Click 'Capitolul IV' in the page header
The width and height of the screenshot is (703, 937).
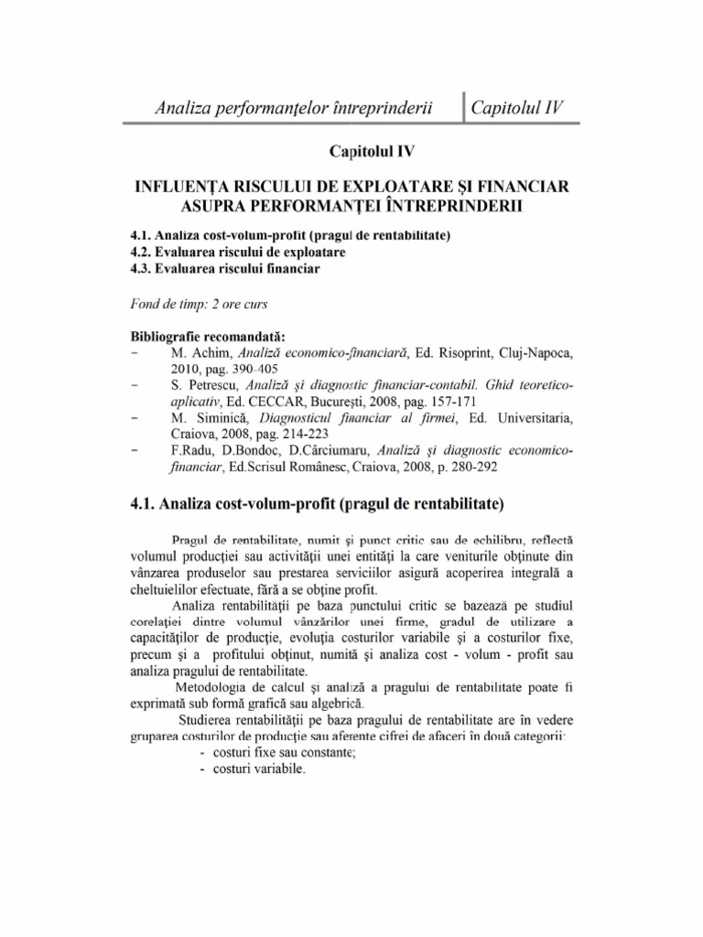pyautogui.click(x=514, y=108)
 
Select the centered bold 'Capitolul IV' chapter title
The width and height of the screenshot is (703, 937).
pyautogui.click(x=351, y=151)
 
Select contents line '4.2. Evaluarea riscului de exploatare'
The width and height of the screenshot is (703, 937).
pyautogui.click(x=238, y=252)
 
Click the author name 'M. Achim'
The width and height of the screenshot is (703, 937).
pyautogui.click(x=201, y=351)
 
